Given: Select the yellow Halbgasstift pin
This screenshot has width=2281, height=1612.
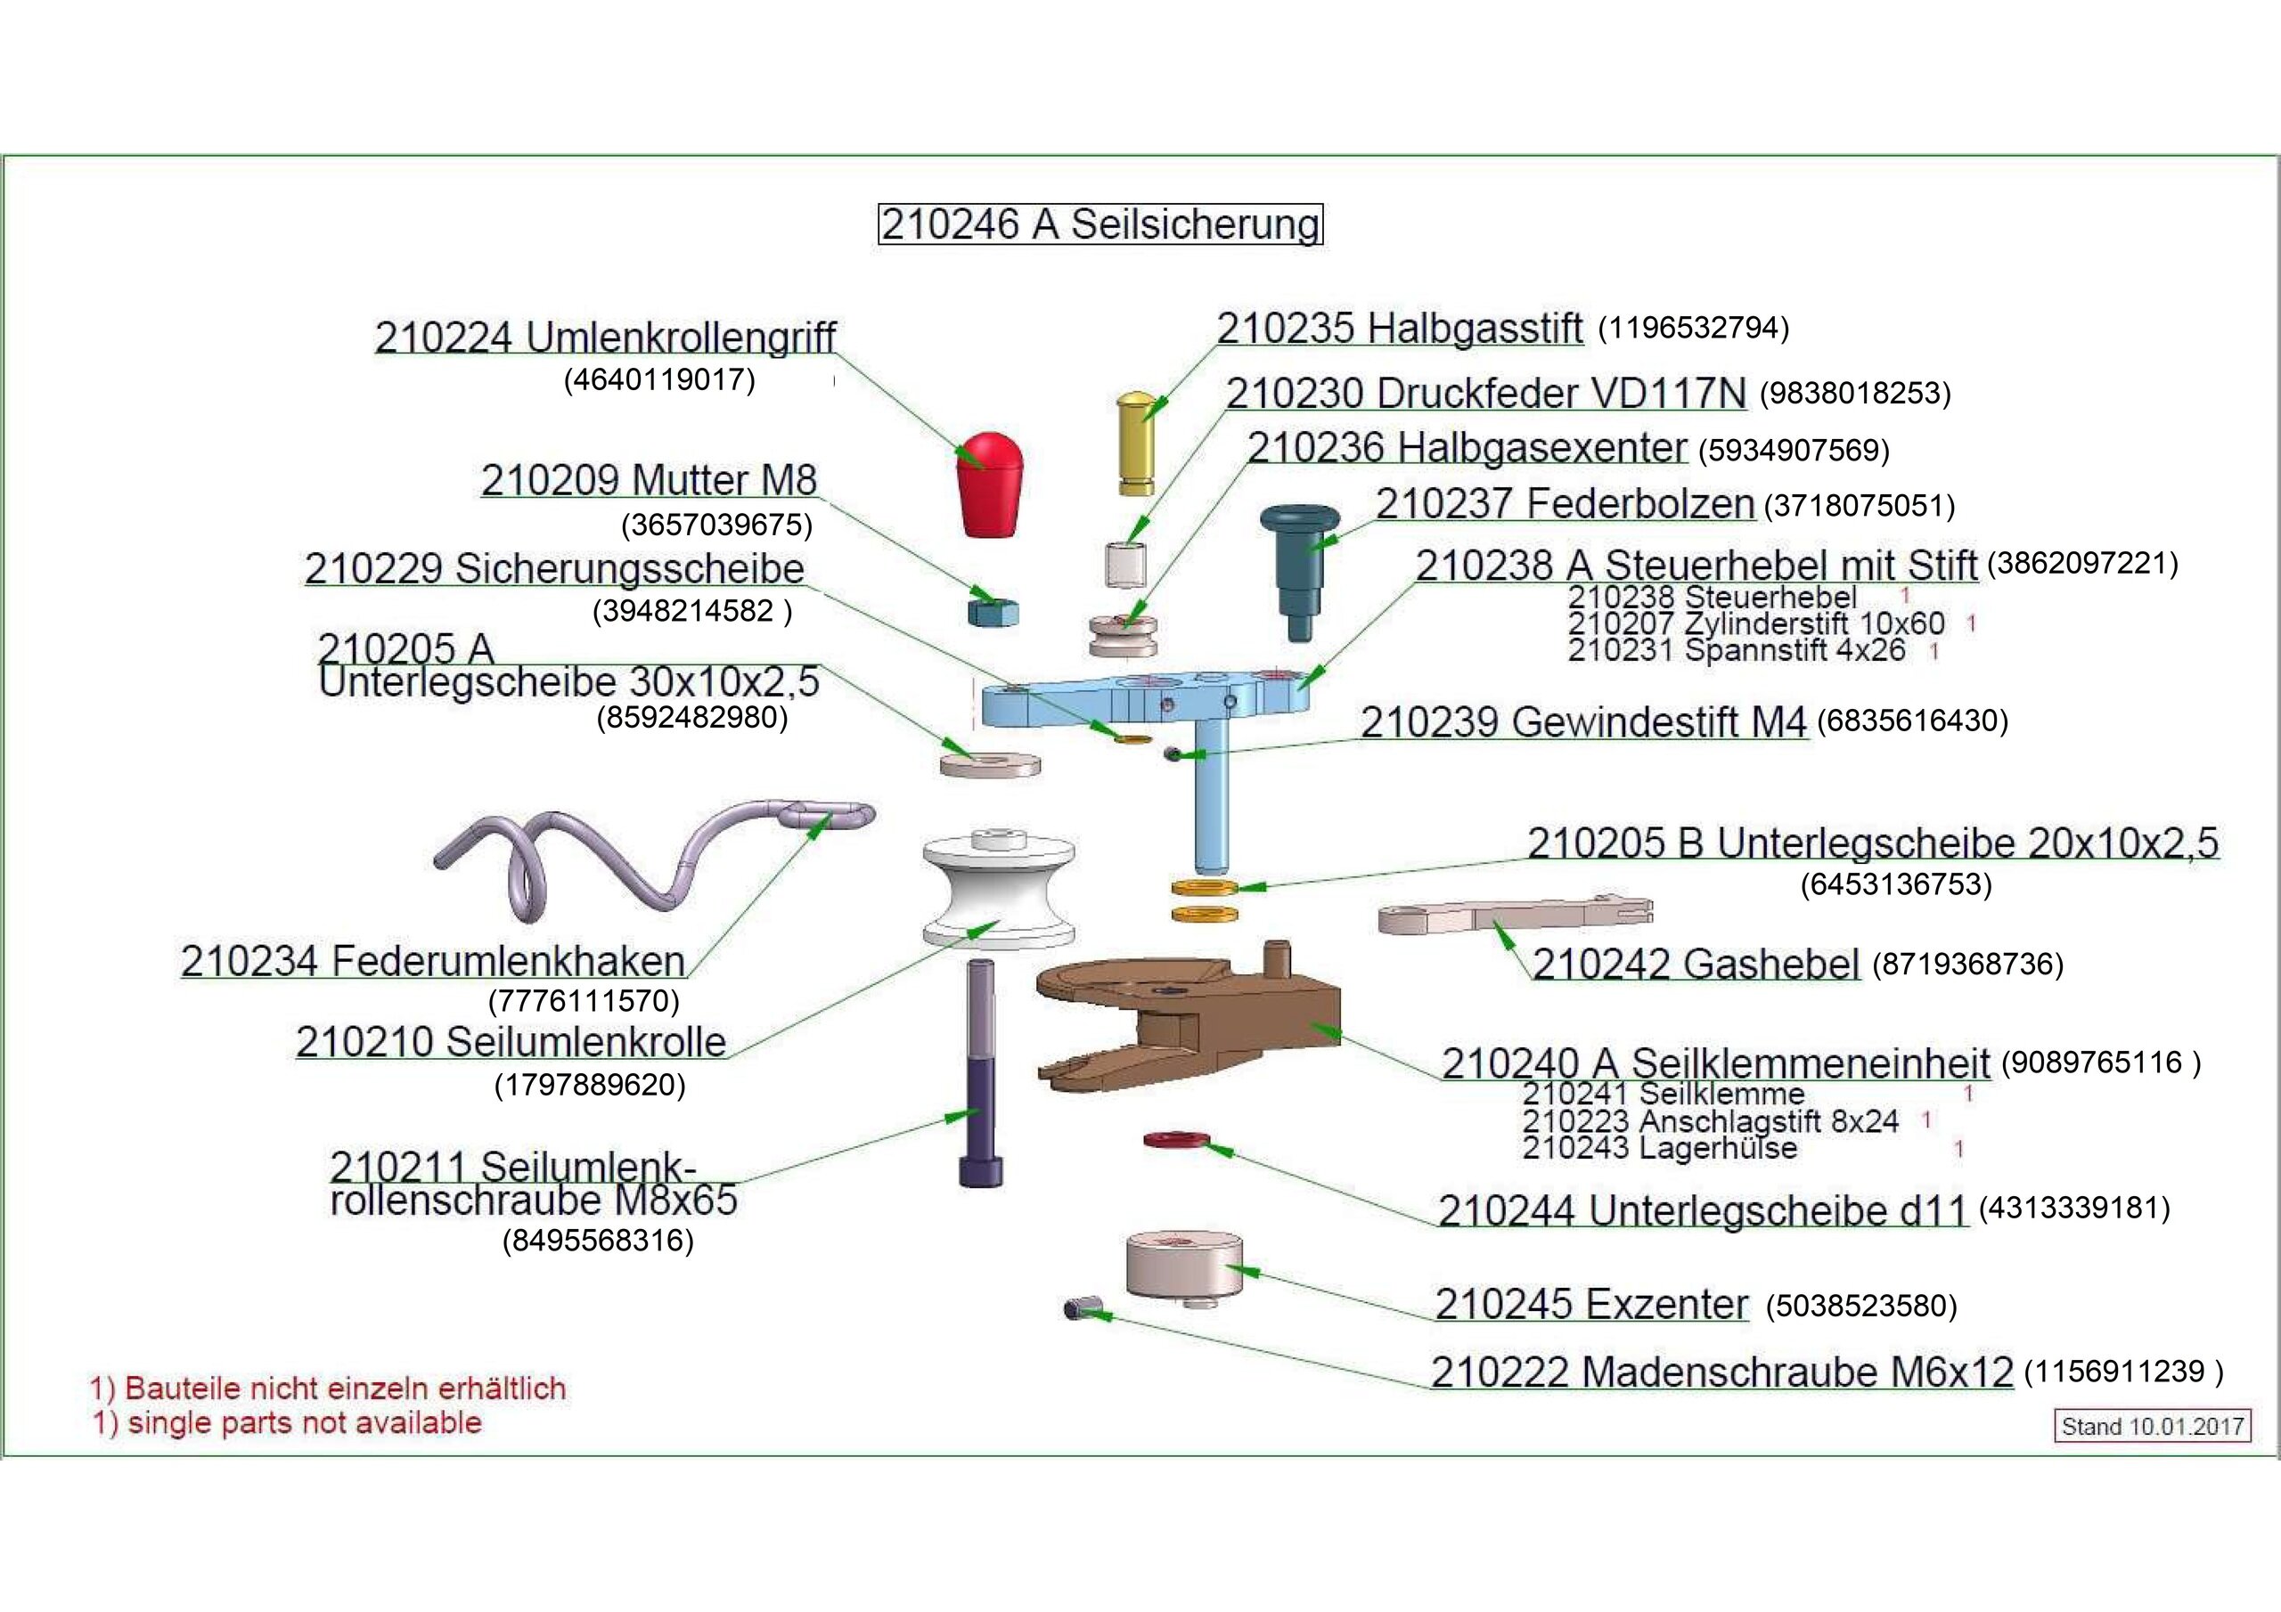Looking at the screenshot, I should click(x=1135, y=443).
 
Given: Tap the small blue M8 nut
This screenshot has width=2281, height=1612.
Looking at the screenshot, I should click(x=993, y=610).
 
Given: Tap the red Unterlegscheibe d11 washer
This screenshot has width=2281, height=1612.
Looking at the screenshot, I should click(x=1176, y=1138).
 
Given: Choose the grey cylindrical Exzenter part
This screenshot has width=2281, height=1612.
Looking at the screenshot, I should click(x=1183, y=1266).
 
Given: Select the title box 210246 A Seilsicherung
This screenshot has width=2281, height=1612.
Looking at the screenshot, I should click(x=1100, y=224).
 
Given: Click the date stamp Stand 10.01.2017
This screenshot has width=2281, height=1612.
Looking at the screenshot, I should click(x=2152, y=1426).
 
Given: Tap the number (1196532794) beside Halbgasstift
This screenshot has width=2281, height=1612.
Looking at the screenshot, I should click(x=1693, y=328).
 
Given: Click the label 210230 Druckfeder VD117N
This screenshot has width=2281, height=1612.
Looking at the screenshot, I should click(x=1485, y=395).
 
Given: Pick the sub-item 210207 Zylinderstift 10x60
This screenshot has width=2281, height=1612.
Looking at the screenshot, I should click(x=1755, y=623).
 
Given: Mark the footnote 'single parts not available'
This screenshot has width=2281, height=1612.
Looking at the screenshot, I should click(x=288, y=1422).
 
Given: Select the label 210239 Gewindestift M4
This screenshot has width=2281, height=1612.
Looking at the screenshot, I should click(x=1582, y=722).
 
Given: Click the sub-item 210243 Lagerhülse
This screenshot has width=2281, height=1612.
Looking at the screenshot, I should click(x=1659, y=1148).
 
